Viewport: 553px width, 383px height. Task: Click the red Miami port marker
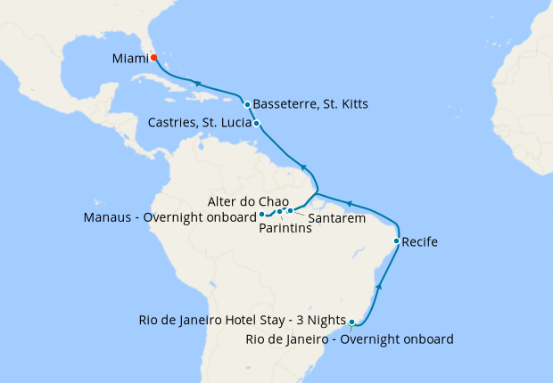point(153,58)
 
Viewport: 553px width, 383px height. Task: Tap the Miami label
point(130,59)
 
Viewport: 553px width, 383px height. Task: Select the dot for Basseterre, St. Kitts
point(247,104)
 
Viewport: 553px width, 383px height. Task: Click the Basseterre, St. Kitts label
point(310,104)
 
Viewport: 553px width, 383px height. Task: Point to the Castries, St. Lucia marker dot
point(257,124)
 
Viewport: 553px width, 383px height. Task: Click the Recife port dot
point(396,241)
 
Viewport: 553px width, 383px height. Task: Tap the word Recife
point(420,241)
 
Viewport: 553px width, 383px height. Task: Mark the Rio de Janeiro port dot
point(352,322)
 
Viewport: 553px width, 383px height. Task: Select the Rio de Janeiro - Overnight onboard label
point(350,338)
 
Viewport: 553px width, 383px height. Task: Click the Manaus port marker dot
point(261,215)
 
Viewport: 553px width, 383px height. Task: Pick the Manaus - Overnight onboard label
point(169,216)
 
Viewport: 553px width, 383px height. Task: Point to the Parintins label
point(285,228)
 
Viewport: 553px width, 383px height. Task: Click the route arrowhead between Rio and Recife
point(382,285)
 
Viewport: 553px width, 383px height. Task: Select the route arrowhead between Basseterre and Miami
point(194,82)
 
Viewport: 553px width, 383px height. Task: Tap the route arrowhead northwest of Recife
point(351,204)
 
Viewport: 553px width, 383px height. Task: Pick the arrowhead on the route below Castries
point(304,167)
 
